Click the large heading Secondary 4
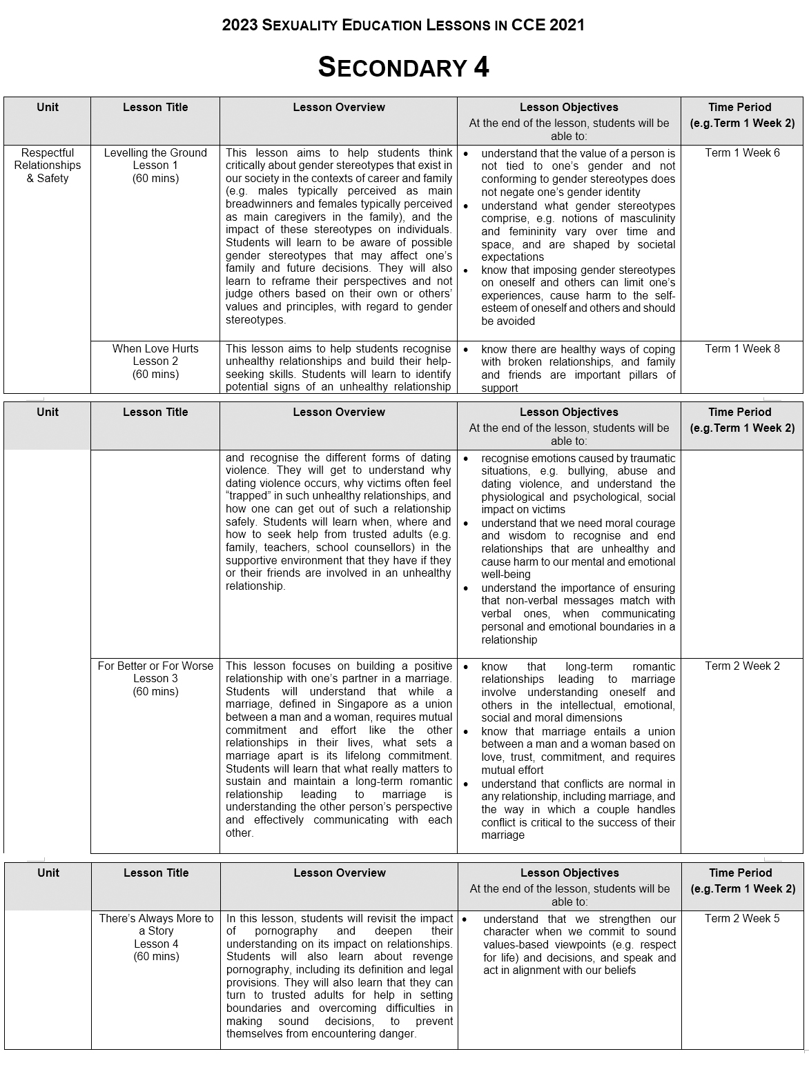click(403, 68)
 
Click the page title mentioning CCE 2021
click(403, 26)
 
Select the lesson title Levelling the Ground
click(155, 153)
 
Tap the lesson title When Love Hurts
click(155, 349)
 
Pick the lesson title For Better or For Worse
click(155, 666)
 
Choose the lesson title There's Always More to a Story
click(156, 925)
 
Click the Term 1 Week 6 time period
click(742, 153)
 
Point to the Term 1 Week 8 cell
click(742, 349)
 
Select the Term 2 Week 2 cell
click(742, 666)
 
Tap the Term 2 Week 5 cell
click(742, 919)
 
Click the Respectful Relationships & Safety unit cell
click(48, 166)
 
